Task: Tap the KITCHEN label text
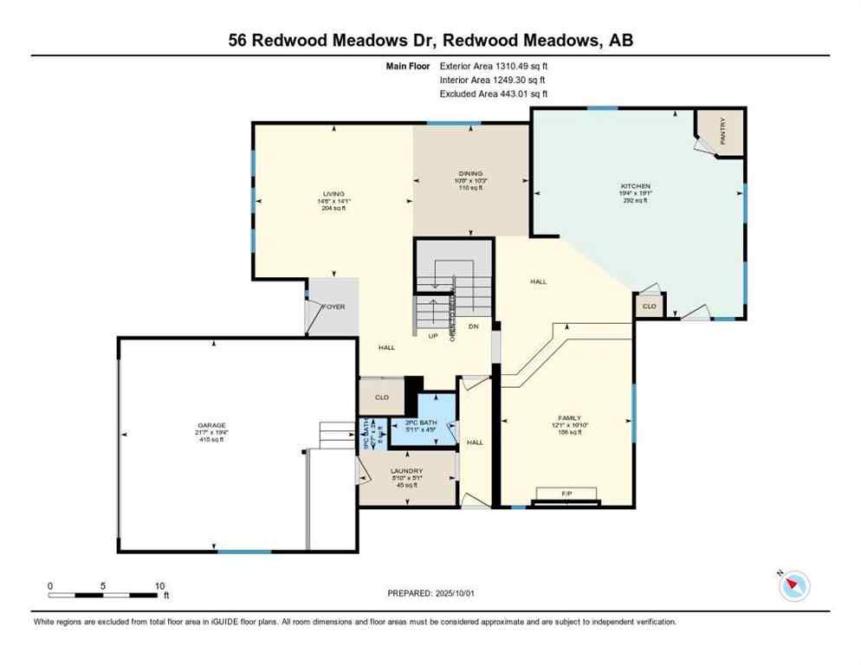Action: coord(634,186)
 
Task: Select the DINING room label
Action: coord(470,173)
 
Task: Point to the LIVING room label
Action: coord(333,194)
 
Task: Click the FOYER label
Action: coord(334,307)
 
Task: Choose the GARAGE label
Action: coord(210,425)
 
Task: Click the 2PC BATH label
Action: coord(422,423)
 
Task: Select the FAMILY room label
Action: coord(569,417)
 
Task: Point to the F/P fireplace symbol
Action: coord(567,494)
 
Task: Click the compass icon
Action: coord(793,586)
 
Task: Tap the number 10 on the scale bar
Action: coord(159,586)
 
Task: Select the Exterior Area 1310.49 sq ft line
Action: coord(494,65)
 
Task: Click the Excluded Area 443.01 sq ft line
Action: coord(494,94)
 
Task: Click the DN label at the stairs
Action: coord(473,326)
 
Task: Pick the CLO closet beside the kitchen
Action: coord(649,307)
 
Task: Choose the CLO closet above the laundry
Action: coord(381,398)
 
